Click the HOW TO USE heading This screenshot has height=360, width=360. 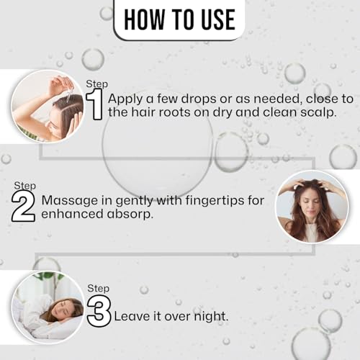tap(179, 20)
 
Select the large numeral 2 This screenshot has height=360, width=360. tap(24, 206)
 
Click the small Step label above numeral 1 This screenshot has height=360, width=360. tap(96, 84)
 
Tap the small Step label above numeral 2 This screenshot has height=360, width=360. tap(24, 185)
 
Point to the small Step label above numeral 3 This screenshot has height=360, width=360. tap(98, 288)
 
